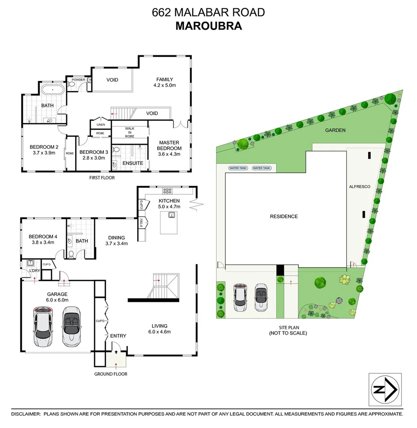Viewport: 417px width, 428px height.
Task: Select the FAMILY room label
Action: pos(165,79)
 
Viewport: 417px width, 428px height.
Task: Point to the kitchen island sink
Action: pos(171,215)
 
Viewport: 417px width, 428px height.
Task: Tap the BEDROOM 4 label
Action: pos(41,237)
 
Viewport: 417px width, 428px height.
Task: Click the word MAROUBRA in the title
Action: pos(208,26)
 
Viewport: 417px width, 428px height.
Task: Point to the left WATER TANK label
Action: pos(238,168)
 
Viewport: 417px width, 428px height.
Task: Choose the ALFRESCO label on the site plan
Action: pos(360,186)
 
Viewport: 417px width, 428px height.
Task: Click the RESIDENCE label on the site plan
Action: pos(284,216)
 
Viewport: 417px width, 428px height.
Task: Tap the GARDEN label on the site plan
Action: pos(335,130)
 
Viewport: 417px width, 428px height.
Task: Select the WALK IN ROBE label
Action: pos(130,132)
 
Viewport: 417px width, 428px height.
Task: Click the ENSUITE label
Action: pos(133,163)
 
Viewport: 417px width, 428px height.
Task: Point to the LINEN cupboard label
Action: pos(101,125)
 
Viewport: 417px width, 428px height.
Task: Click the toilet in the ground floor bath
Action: pos(71,254)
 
